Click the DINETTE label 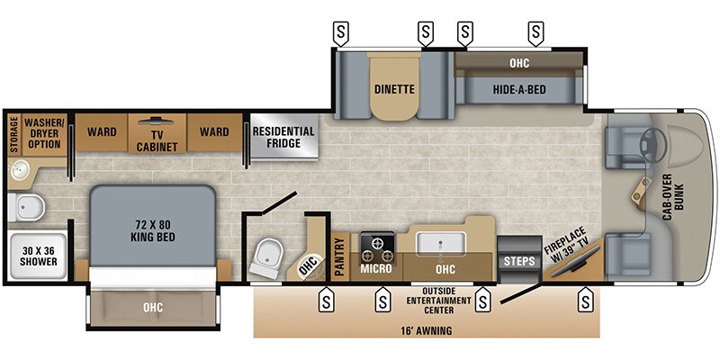coord(393,89)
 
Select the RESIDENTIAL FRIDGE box coord(283,138)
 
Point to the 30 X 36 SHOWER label coord(37,256)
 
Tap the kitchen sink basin coord(440,242)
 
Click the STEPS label coord(519,262)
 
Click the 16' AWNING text coord(427,330)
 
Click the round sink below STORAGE coord(20,171)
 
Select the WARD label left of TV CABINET coord(102,132)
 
